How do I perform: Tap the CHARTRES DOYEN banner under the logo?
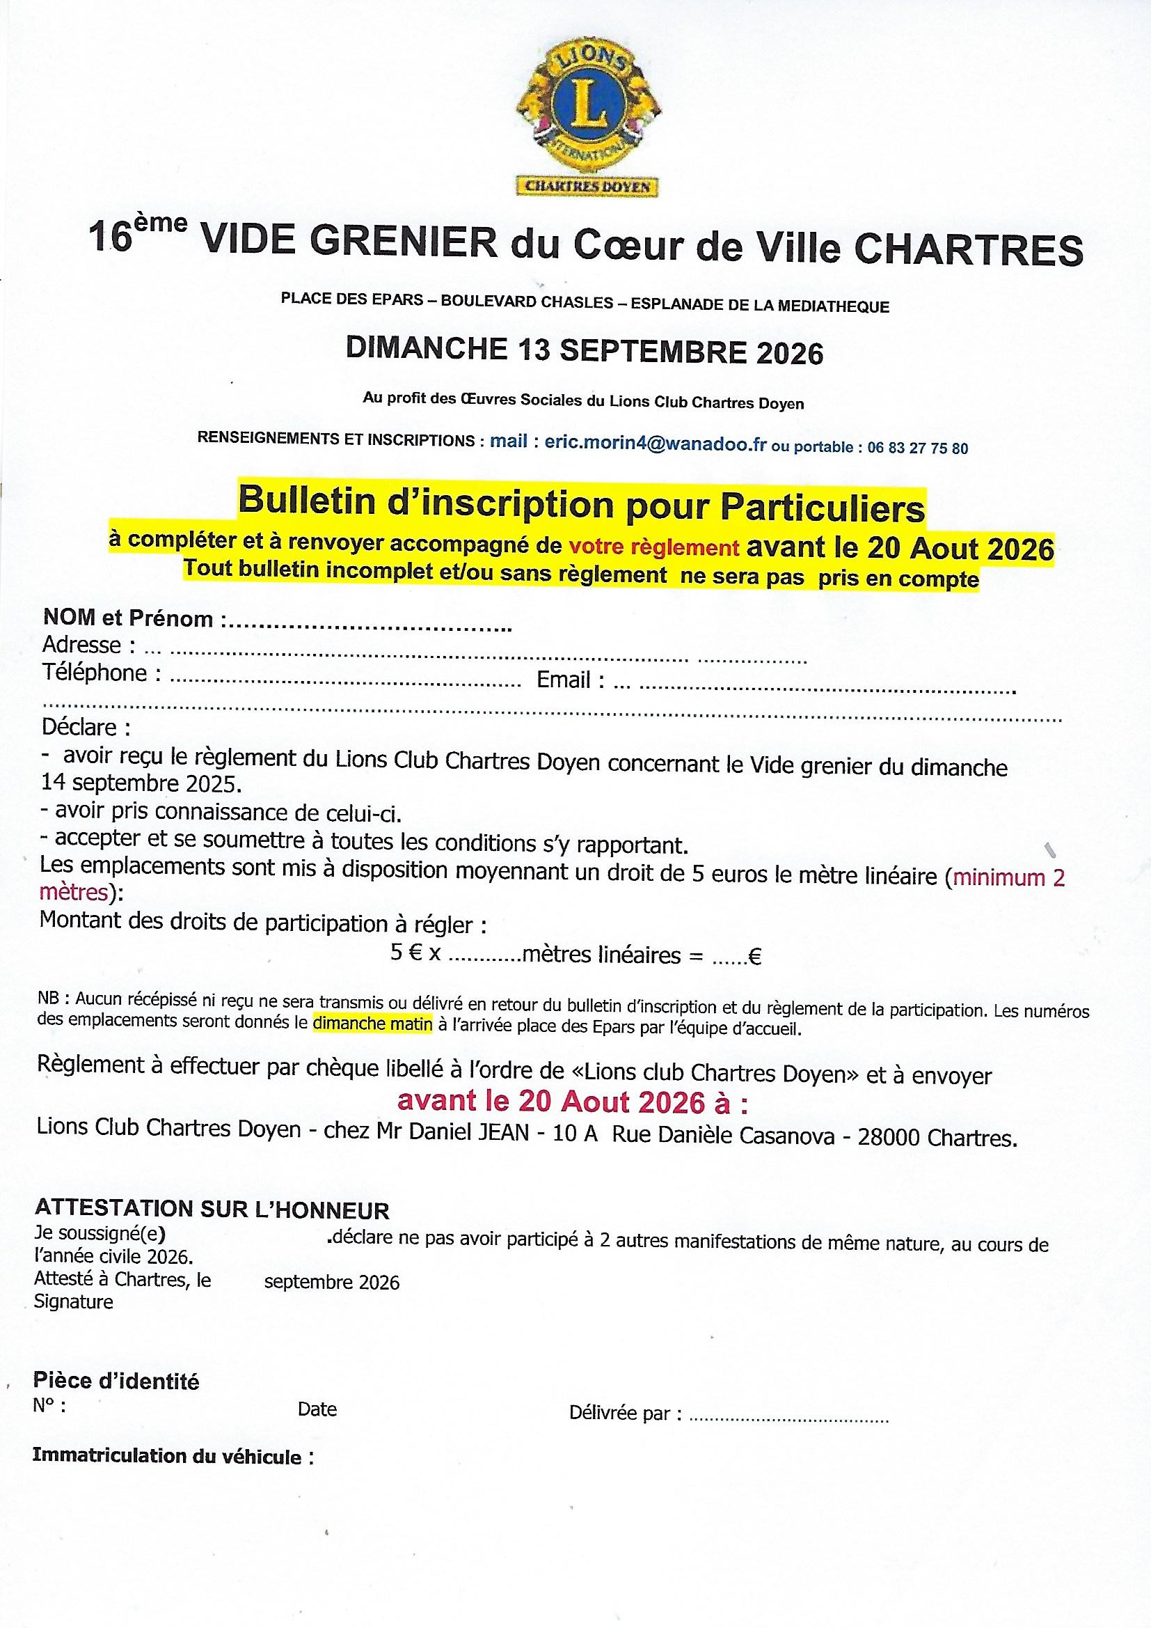[588, 186]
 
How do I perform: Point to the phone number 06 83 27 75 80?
[917, 448]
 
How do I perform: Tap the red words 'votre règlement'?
[655, 548]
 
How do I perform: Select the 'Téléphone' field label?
[94, 672]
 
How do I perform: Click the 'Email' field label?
[564, 681]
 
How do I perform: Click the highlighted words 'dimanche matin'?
[372, 1024]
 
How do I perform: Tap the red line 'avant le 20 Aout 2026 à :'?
[573, 1100]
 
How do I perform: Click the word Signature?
[74, 1303]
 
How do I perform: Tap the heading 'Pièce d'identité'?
[116, 1382]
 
